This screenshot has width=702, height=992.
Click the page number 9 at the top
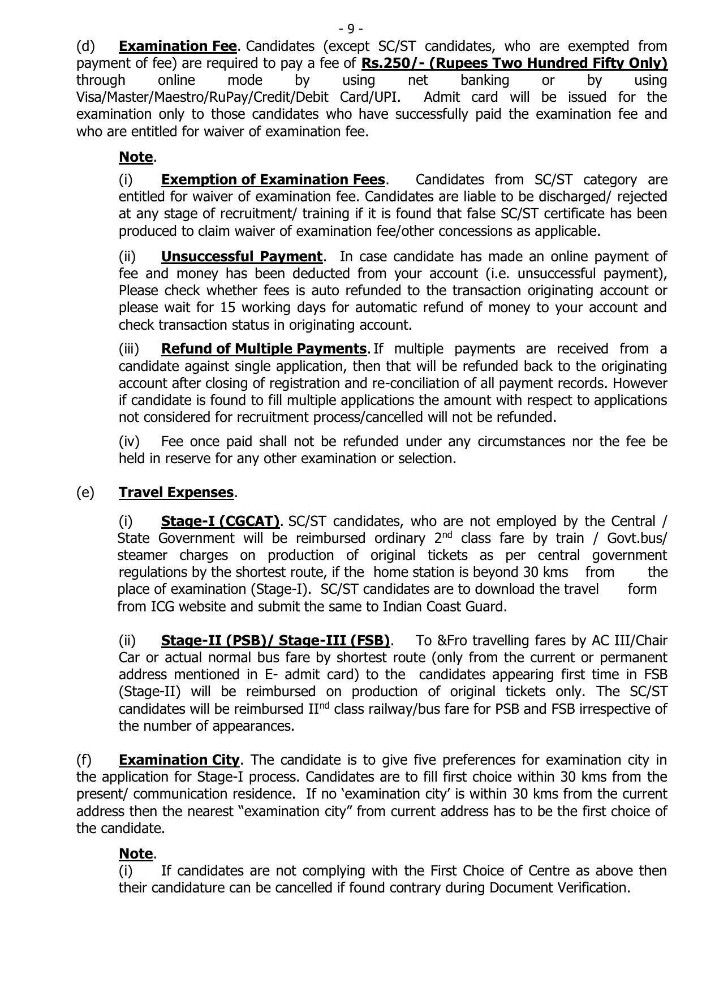[351, 28]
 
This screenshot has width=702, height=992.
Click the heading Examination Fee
[178, 46]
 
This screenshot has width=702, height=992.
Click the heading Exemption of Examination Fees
[273, 180]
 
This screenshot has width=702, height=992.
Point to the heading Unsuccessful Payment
[242, 257]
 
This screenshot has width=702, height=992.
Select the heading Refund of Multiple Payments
[264, 349]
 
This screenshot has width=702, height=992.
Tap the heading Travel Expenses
[176, 493]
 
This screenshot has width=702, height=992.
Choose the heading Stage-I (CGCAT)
[220, 521]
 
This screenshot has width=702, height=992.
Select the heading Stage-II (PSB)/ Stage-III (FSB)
[275, 641]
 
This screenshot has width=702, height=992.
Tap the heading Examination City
[179, 760]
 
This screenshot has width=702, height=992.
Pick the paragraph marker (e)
[85, 493]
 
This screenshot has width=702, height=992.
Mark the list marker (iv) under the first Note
[129, 441]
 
